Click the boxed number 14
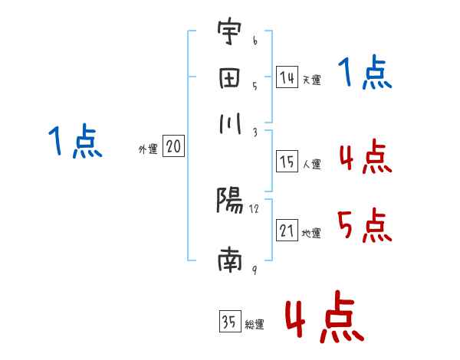287,77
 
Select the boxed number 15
287,162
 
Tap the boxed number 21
287,231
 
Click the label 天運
311,80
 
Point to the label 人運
311,164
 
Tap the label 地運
311,233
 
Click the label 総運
255,325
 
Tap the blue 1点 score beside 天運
365,74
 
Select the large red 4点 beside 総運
324,316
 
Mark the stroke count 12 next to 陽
255,208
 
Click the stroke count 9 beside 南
254,269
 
